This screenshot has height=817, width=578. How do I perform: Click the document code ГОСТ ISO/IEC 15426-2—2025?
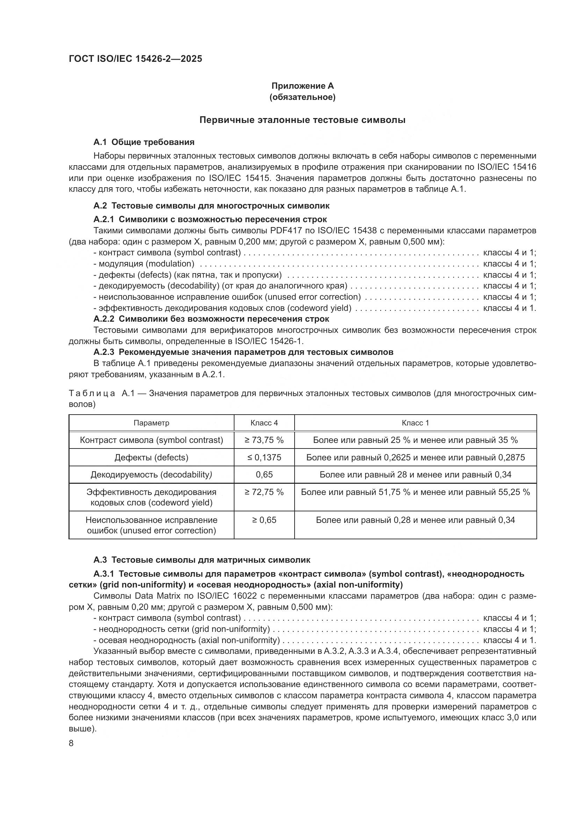135,59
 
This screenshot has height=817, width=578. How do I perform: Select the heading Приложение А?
303,86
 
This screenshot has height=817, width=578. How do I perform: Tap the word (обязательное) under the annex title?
303,97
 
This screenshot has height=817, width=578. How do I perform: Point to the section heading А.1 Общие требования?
144,142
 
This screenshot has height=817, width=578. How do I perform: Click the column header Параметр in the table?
151,423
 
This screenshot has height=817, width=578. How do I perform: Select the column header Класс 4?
264,423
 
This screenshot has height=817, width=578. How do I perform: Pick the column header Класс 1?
416,423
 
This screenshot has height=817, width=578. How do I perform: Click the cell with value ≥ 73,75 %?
264,440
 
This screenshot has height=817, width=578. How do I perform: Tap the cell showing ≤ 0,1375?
264,458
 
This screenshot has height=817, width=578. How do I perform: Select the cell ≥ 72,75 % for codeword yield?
264,492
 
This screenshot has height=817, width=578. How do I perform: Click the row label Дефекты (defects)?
151,458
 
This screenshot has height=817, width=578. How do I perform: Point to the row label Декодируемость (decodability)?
151,475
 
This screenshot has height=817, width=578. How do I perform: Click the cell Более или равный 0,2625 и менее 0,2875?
416,458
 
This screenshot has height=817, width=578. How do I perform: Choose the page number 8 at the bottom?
71,743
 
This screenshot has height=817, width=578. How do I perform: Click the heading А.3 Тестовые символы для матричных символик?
202,560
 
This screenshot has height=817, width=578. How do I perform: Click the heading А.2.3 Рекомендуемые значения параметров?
244,352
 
